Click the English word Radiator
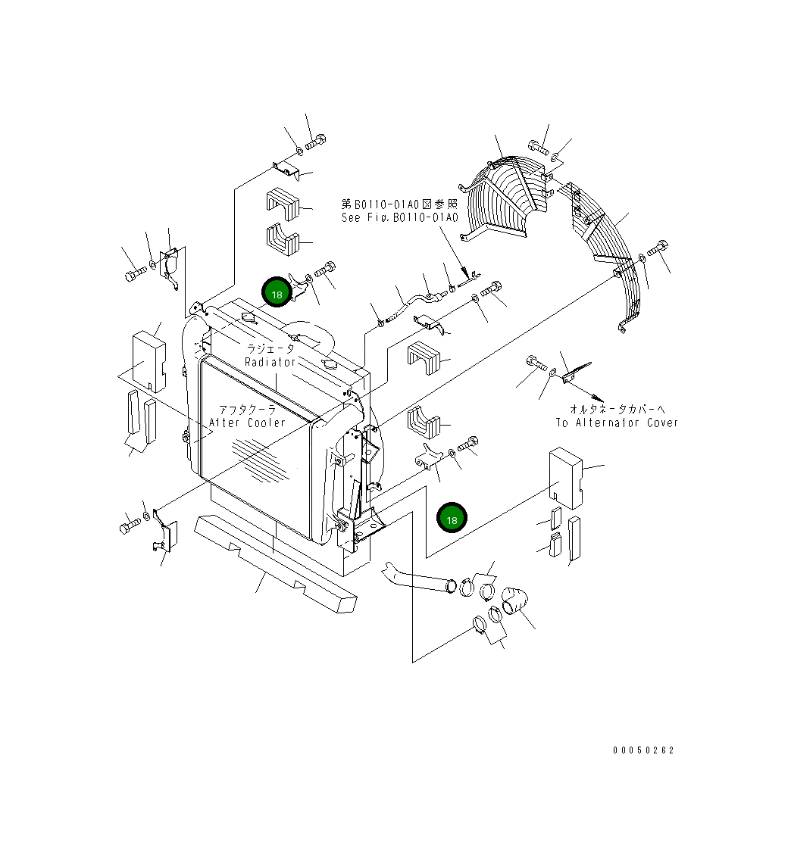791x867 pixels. tap(270, 362)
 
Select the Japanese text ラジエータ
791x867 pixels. tap(270, 349)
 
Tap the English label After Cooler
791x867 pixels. tap(247, 423)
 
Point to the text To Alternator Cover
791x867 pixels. tap(617, 423)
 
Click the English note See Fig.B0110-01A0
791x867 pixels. tap(399, 217)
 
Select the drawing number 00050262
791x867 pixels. tap(643, 750)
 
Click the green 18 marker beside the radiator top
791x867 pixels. tap(276, 292)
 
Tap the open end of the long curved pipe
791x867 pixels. tap(452, 585)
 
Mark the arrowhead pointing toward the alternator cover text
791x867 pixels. tap(599, 398)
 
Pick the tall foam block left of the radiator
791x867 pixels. tap(149, 360)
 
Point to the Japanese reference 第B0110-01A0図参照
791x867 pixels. tap(399, 204)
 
